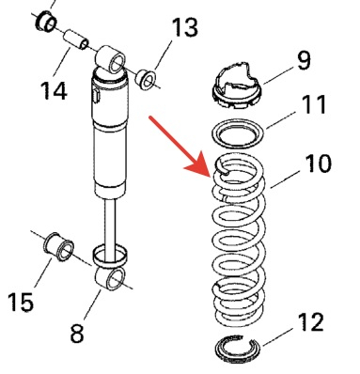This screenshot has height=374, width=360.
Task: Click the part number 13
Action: (185, 27)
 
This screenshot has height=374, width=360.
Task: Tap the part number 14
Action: (54, 90)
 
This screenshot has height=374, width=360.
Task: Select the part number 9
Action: (304, 60)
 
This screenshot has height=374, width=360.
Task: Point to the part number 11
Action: (314, 104)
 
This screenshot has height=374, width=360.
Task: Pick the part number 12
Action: (310, 321)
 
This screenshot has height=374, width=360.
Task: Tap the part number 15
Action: (21, 302)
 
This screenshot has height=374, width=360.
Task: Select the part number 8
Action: (77, 333)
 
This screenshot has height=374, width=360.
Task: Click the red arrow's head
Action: (197, 166)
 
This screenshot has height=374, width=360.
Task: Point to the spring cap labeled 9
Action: (237, 86)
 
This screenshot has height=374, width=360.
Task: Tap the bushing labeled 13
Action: (146, 80)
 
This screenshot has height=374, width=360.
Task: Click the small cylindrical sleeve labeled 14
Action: (76, 39)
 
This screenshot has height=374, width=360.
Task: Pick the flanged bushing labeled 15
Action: (58, 246)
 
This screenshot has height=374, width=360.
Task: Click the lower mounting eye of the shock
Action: (110, 278)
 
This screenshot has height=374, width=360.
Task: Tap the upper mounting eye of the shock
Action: (111, 59)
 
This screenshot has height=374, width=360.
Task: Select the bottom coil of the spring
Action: (239, 322)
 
